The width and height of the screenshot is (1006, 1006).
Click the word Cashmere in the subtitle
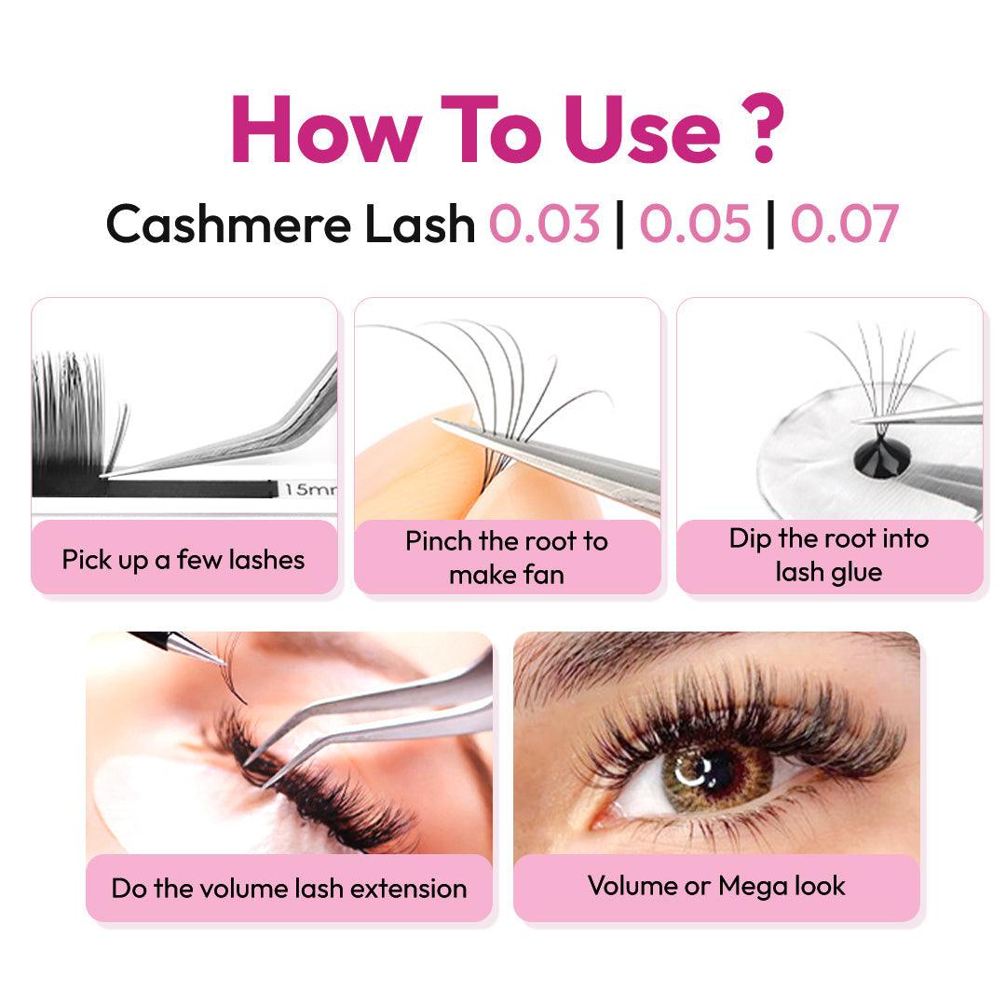coord(228,224)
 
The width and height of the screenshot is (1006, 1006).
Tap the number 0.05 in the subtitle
coord(695,224)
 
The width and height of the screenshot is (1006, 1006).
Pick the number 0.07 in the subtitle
coord(844,224)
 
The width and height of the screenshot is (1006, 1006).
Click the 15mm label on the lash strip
coord(310,489)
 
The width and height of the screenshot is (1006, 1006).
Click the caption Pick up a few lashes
coord(184,560)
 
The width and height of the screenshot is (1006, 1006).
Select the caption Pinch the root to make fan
coord(507,558)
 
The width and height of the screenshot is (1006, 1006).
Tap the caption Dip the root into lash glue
coord(829,555)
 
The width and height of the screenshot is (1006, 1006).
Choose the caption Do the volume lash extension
coord(289,889)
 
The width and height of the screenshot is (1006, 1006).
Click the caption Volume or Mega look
coord(716,886)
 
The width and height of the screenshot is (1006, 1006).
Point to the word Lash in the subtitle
coord(419,224)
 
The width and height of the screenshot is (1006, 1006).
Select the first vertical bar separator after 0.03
coord(619,224)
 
